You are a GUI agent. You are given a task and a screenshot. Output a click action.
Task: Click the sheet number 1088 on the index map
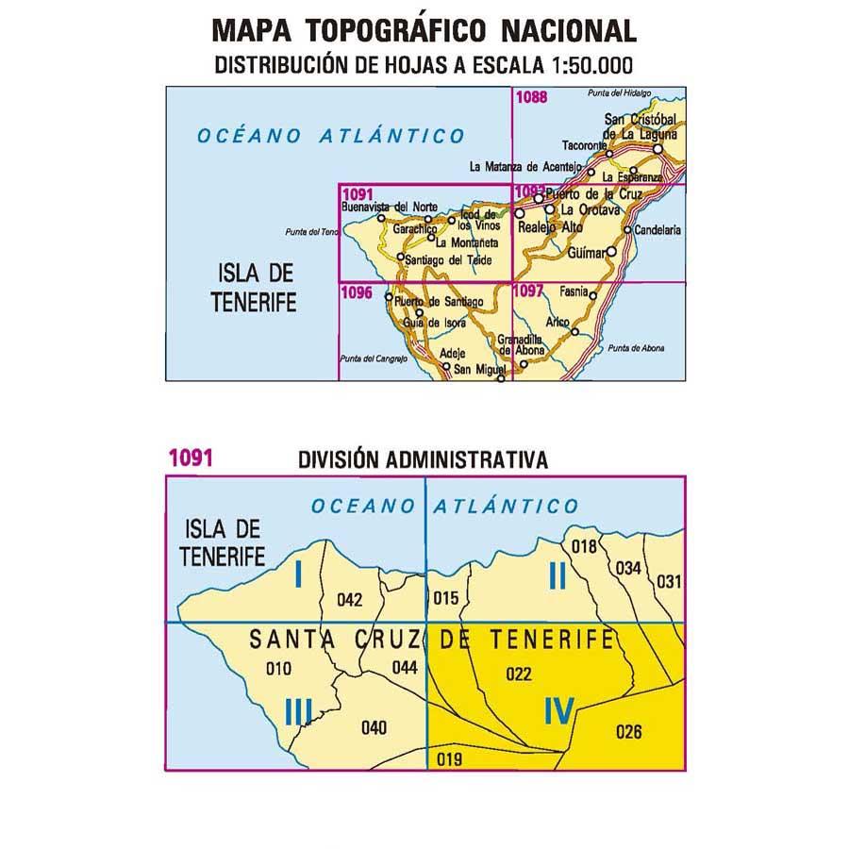(x=532, y=95)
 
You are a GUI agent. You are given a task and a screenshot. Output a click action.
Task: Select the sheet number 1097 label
(x=530, y=292)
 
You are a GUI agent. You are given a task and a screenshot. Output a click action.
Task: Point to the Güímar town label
(x=589, y=253)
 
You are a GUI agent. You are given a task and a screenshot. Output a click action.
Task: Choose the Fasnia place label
(x=573, y=292)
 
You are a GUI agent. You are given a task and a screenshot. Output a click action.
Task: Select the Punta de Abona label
(x=637, y=348)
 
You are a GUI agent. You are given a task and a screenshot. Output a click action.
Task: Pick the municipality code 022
(x=519, y=674)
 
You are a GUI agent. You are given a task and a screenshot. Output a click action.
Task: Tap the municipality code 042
(x=350, y=598)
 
